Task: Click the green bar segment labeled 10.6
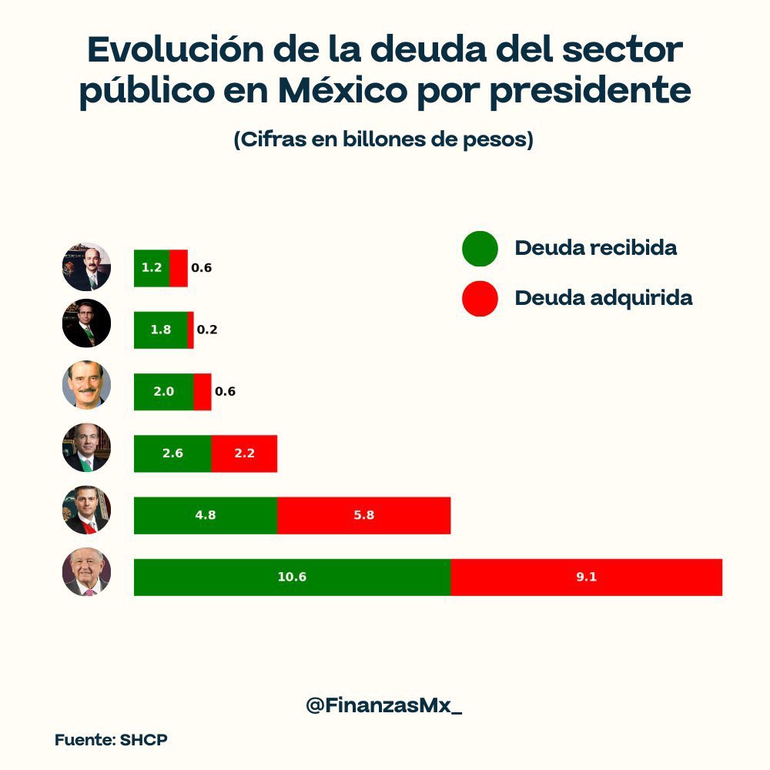coord(292,577)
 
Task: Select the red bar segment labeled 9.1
coord(586,577)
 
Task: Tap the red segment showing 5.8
coord(363,515)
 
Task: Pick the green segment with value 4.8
coord(205,515)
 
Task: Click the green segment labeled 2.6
coord(172,454)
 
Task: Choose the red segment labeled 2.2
coord(244,454)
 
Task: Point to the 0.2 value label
coord(207,330)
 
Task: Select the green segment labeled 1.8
coord(160,330)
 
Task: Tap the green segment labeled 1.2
coord(151,268)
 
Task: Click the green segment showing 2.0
coord(163,391)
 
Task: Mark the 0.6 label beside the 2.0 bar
coord(225,391)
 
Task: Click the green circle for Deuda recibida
coord(480,249)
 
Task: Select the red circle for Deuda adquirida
coord(480,298)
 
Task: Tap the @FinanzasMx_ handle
coord(384,705)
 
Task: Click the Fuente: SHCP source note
coord(111,740)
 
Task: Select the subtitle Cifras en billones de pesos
coord(383,141)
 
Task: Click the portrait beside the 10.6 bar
coord(86,571)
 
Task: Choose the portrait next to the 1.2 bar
coord(86,266)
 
